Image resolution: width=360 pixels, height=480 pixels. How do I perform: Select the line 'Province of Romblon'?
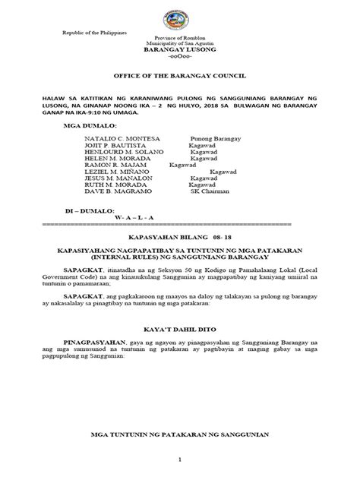pos(180,39)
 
